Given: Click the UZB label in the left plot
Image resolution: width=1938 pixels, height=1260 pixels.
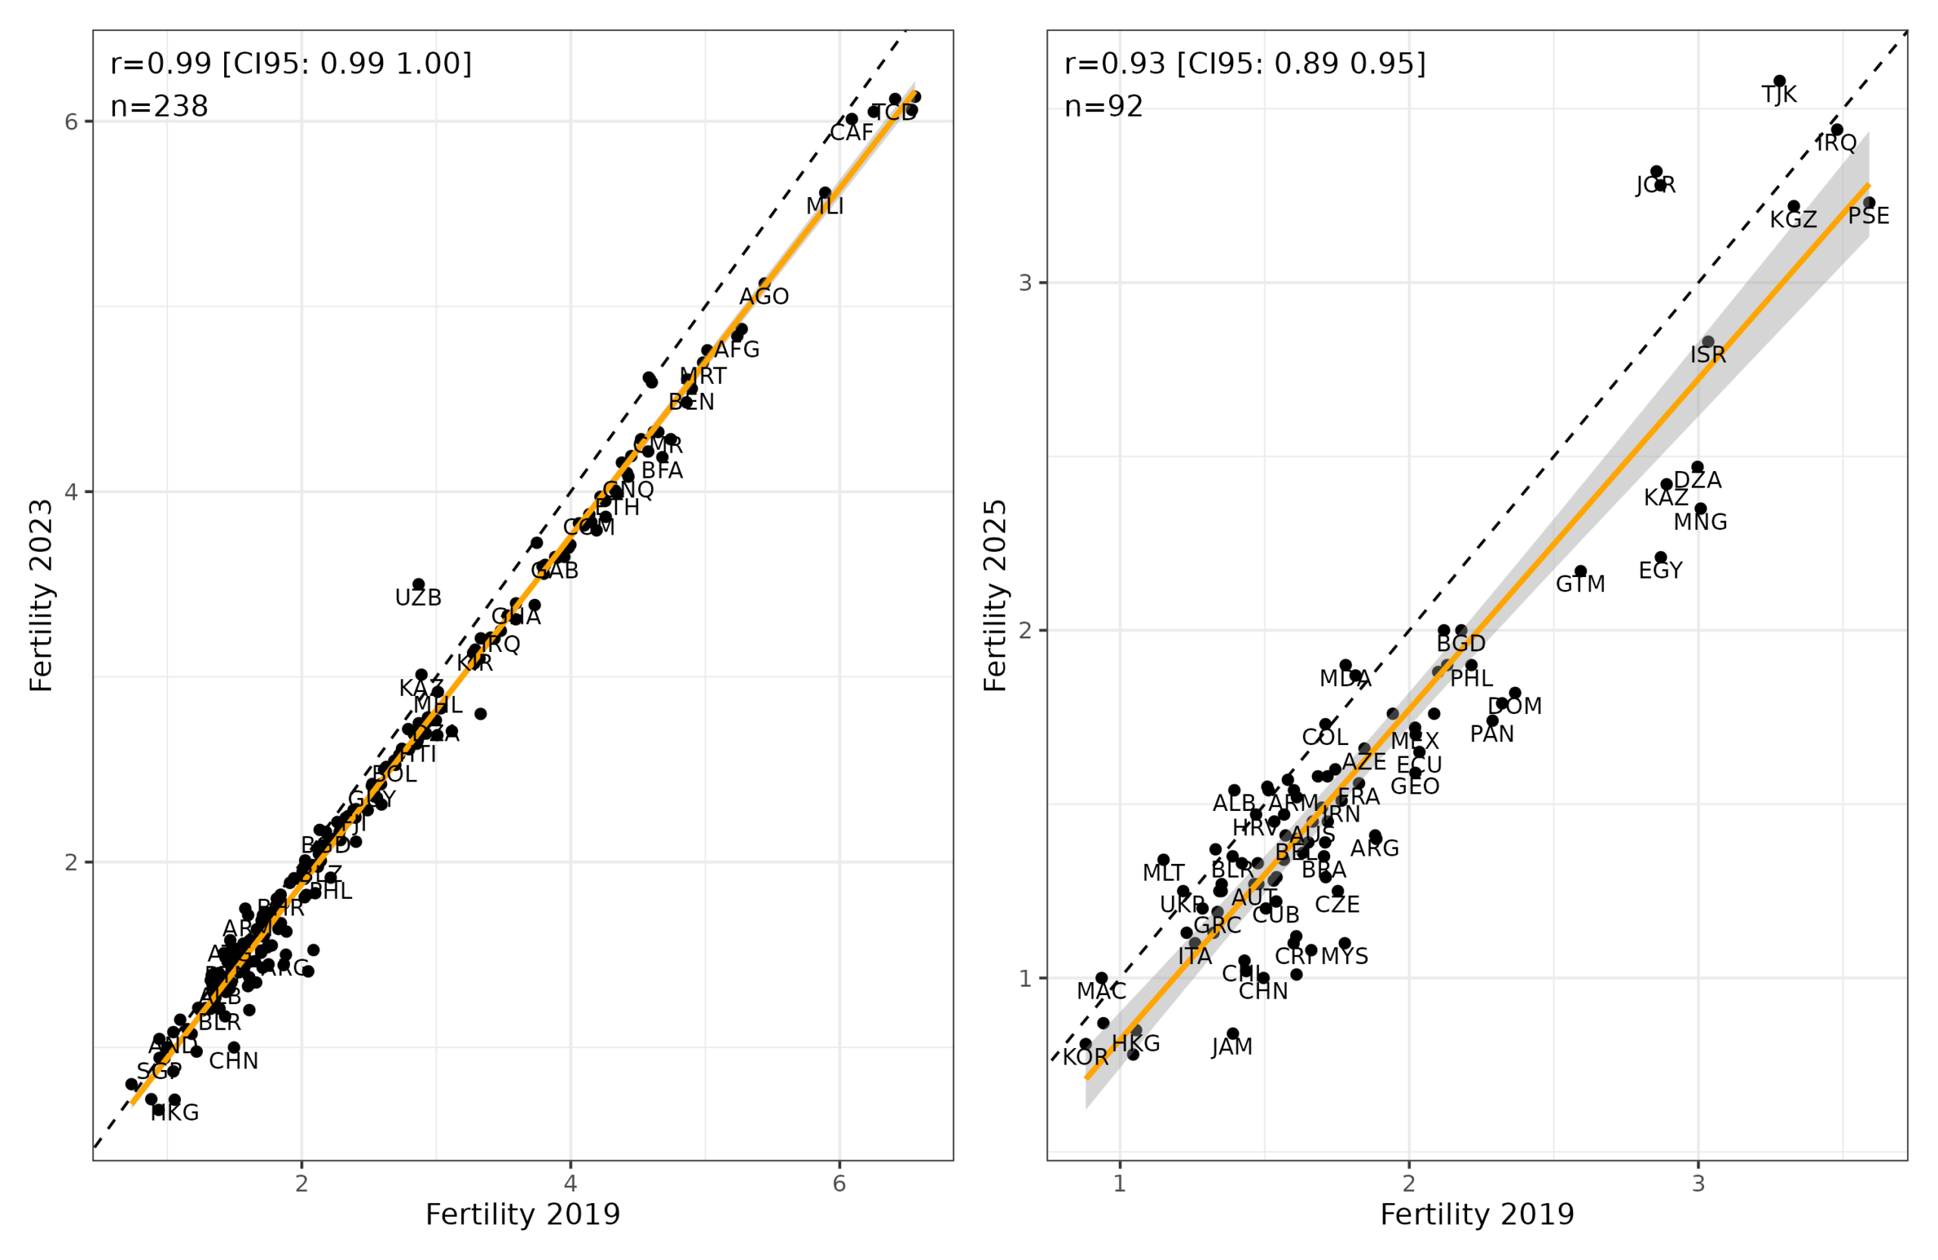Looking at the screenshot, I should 418,599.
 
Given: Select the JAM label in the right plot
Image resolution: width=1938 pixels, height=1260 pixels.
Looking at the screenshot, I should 1232,1047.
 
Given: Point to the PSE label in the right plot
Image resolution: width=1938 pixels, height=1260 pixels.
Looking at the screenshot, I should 1869,217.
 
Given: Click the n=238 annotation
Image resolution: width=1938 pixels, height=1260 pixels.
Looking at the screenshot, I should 160,107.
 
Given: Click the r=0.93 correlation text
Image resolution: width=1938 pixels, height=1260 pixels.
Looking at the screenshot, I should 1245,64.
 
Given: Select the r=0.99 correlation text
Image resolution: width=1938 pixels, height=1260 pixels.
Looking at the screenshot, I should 291,64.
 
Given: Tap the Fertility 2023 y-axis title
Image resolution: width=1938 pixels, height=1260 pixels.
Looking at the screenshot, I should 41,596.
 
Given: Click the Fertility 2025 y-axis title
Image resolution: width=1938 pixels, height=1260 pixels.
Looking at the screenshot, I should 995,596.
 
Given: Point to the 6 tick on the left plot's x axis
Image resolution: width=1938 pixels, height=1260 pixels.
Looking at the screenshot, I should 840,1184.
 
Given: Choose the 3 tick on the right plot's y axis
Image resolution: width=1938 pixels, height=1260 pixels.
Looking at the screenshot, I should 1025,282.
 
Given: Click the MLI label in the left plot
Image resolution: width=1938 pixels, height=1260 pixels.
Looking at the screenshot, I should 825,207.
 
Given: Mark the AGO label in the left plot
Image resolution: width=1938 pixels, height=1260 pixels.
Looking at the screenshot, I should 764,298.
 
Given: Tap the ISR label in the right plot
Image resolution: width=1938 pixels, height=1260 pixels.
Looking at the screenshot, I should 1708,355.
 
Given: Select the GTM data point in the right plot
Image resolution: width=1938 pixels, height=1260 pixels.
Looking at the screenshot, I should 1581,572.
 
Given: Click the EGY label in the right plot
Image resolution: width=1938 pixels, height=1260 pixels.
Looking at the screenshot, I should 1660,571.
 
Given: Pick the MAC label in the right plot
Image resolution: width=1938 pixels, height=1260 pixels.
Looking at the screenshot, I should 1101,991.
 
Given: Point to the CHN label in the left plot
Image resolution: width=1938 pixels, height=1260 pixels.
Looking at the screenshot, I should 234,1062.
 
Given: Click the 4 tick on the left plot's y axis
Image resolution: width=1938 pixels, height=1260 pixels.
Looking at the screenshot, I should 72,492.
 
